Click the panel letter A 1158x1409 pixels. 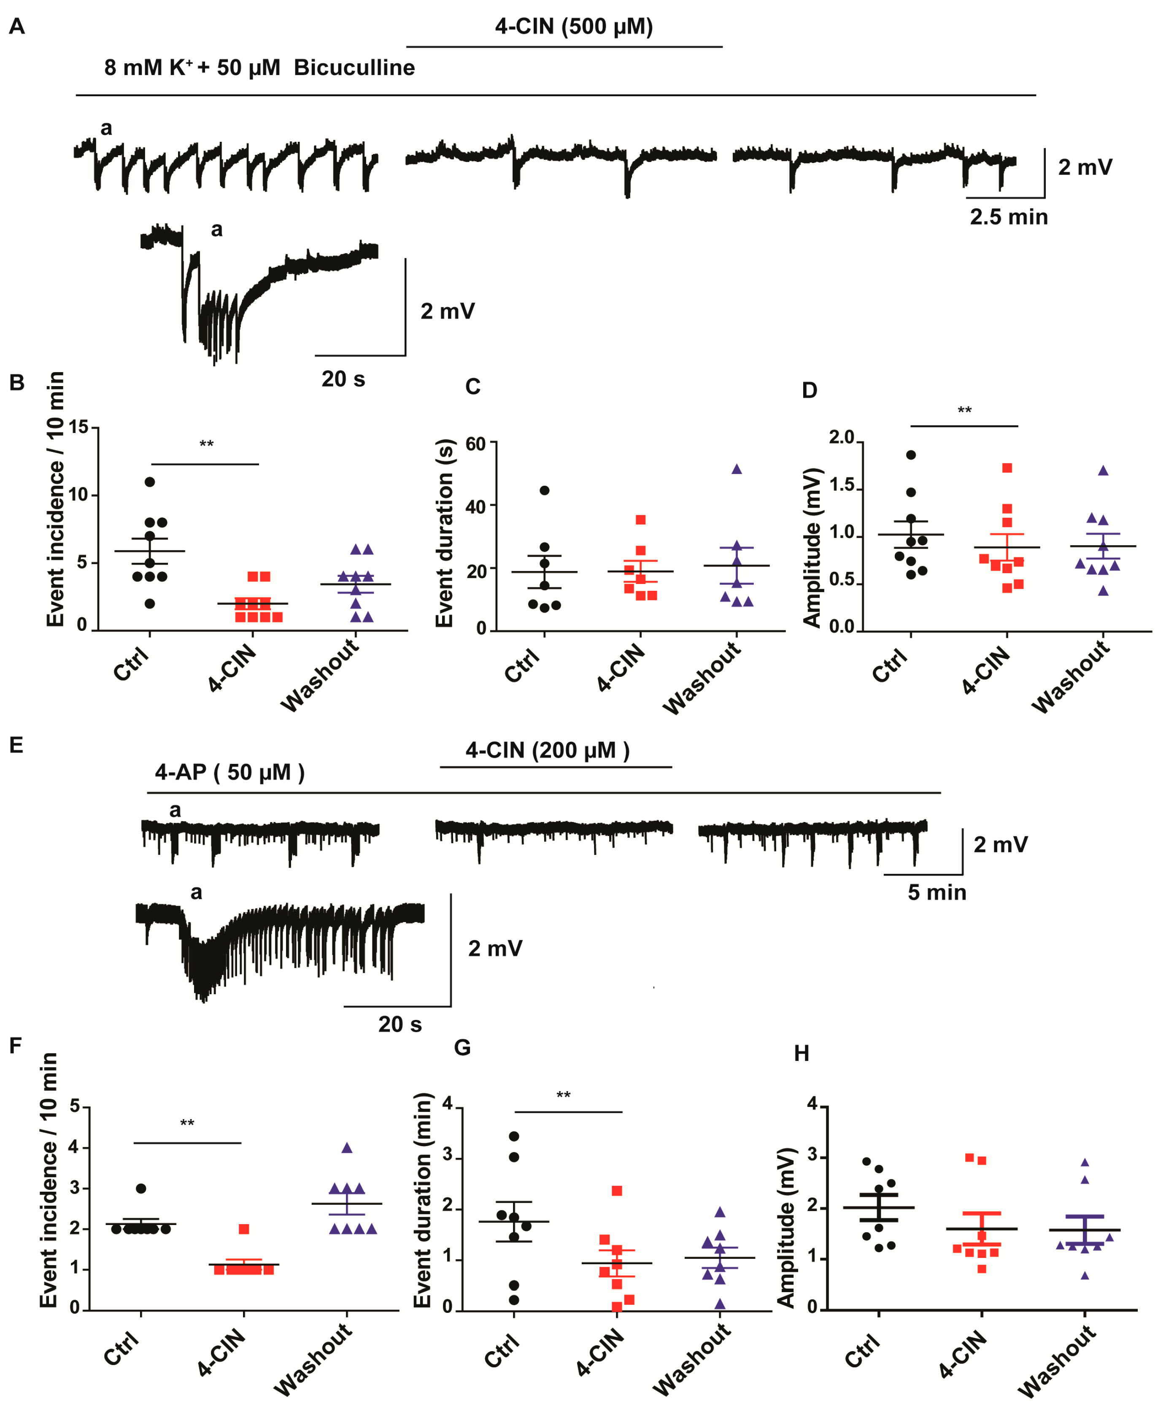17,26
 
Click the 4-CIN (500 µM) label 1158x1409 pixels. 574,26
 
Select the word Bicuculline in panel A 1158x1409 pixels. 354,68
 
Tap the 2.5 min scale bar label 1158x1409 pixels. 1009,217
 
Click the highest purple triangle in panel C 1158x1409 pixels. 737,469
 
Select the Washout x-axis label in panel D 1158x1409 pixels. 1071,676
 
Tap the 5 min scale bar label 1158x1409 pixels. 937,892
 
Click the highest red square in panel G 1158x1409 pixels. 617,1191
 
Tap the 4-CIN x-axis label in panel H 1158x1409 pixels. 963,1352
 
